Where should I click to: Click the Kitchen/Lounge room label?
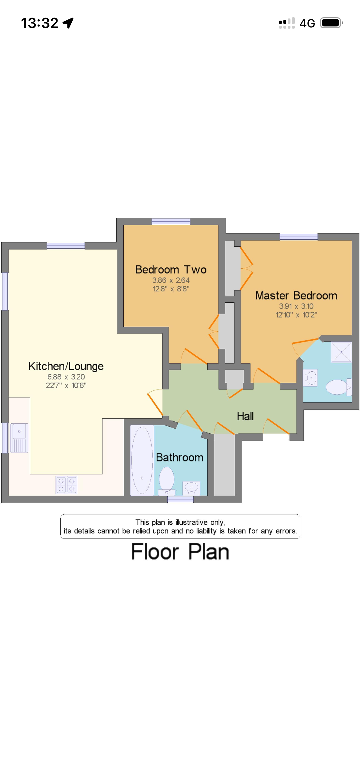pyautogui.click(x=66, y=366)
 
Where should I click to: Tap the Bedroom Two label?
pyautogui.click(x=171, y=270)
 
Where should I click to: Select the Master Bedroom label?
pyautogui.click(x=296, y=295)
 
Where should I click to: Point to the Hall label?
pyautogui.click(x=245, y=416)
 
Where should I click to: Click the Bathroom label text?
pyautogui.click(x=180, y=457)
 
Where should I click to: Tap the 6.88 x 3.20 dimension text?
pyautogui.click(x=66, y=377)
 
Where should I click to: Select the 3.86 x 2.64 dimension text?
pyautogui.click(x=171, y=280)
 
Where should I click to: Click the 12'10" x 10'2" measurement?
pyautogui.click(x=296, y=315)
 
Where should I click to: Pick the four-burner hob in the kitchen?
pyautogui.click(x=66, y=485)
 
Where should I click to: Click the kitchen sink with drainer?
pyautogui.click(x=19, y=438)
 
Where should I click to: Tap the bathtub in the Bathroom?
pyautogui.click(x=142, y=460)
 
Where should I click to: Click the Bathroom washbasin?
pyautogui.click(x=191, y=488)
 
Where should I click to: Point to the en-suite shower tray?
pyautogui.click(x=341, y=352)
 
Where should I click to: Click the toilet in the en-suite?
pyautogui.click(x=339, y=387)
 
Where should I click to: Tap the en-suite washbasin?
pyautogui.click(x=310, y=378)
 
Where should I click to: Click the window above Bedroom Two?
pyautogui.click(x=171, y=222)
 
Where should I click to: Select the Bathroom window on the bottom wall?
pyautogui.click(x=180, y=499)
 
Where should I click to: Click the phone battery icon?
pyautogui.click(x=332, y=23)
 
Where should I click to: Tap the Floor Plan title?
pyautogui.click(x=180, y=552)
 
